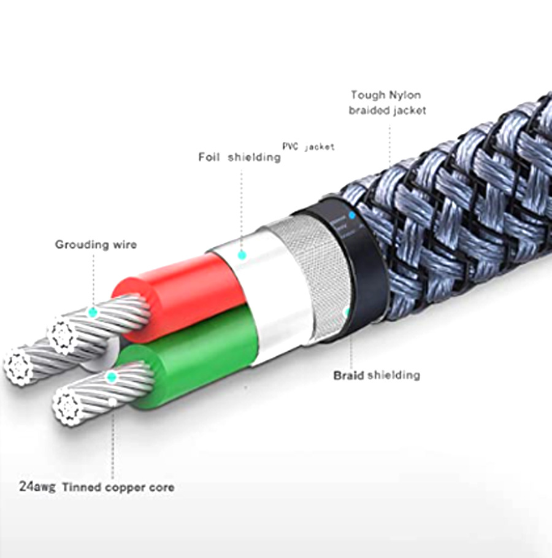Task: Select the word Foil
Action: click(209, 157)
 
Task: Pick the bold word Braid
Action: click(348, 374)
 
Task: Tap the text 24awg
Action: click(36, 487)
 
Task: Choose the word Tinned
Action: click(82, 487)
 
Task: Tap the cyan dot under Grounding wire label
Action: click(93, 312)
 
